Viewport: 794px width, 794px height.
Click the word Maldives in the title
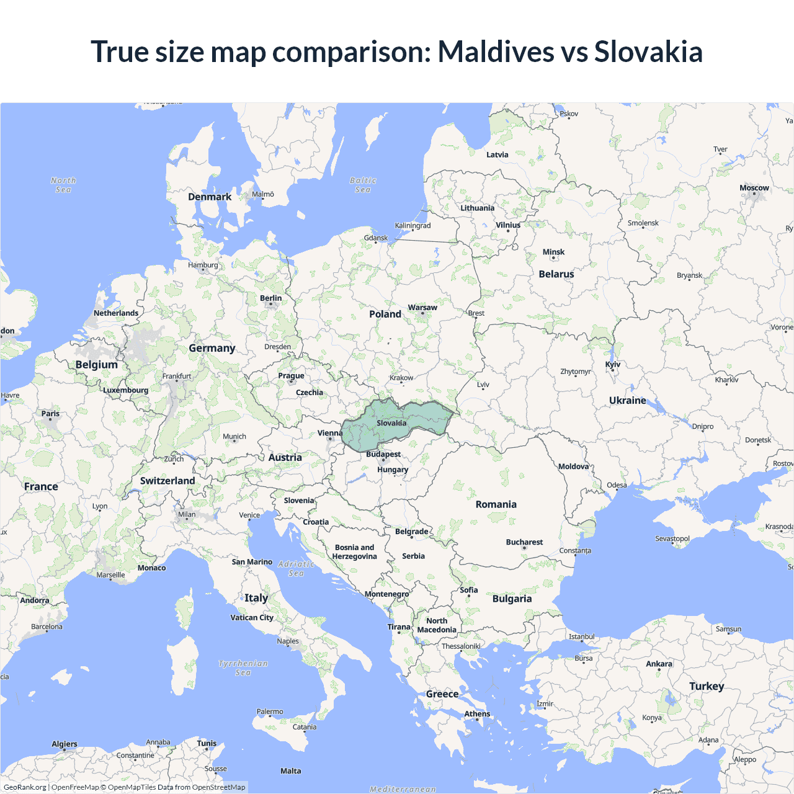tap(496, 51)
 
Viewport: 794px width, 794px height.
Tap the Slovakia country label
tap(391, 423)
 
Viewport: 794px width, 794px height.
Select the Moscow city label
tap(754, 188)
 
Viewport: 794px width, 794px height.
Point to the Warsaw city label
tap(422, 308)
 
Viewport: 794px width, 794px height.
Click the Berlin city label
tap(270, 298)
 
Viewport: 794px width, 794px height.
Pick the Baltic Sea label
tap(363, 185)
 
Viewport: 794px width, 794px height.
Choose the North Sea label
tap(63, 185)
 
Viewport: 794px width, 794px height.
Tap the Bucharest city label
tap(524, 542)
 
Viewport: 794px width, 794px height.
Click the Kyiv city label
tap(613, 364)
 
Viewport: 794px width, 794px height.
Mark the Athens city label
tap(477, 714)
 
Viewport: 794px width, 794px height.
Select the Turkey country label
tap(707, 686)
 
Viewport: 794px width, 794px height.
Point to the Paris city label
tap(50, 414)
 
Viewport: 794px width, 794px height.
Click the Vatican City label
tap(252, 618)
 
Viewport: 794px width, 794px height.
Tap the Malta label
tap(290, 771)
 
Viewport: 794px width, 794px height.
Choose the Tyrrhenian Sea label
tap(243, 668)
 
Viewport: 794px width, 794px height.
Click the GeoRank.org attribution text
tap(25, 787)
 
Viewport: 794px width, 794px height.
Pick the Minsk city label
tap(553, 252)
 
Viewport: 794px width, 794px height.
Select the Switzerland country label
tap(167, 481)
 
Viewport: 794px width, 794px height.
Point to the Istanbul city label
tap(581, 636)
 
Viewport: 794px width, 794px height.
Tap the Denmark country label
tap(210, 197)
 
